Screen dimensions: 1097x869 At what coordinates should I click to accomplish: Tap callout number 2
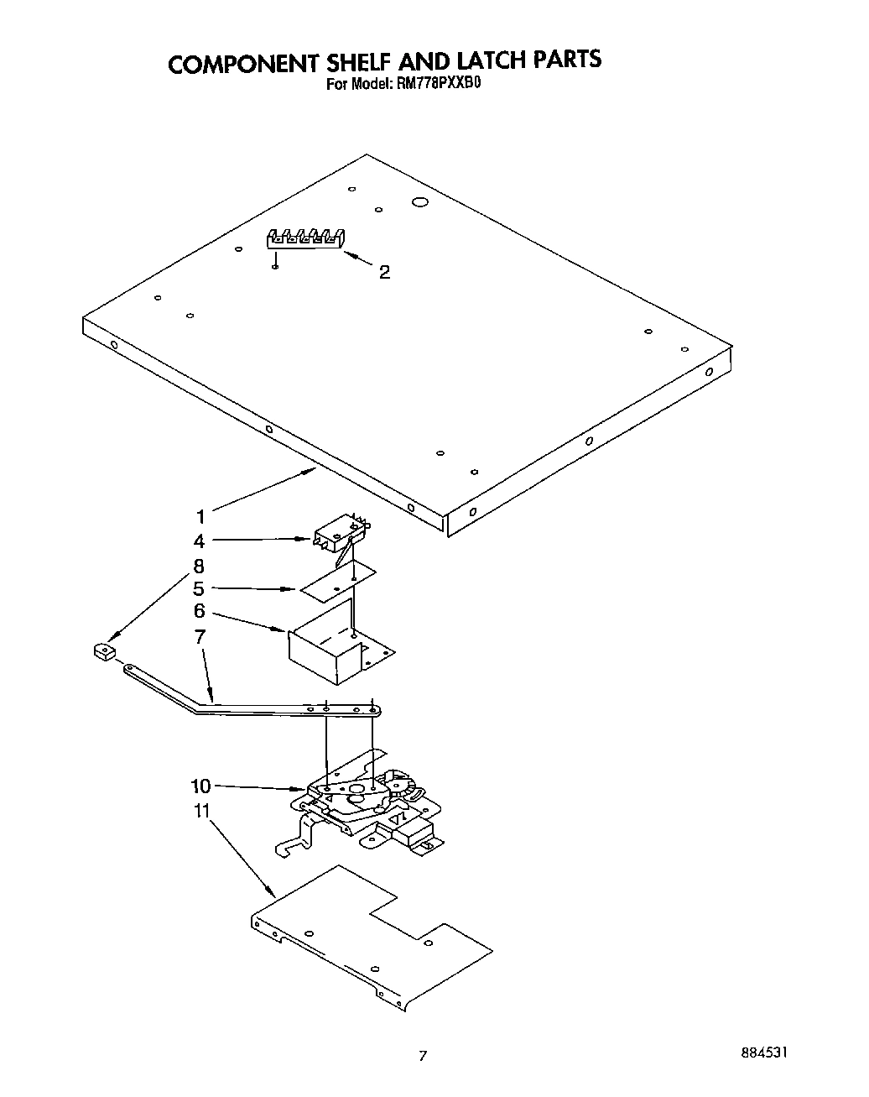click(x=384, y=272)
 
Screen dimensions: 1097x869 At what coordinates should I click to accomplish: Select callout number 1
click(x=200, y=517)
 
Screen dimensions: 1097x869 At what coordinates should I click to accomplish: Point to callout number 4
click(x=200, y=541)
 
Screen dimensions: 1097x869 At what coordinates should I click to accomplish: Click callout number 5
click(x=199, y=588)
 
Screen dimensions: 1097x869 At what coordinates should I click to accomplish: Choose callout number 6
click(x=199, y=612)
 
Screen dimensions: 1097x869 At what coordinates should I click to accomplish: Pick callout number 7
click(x=199, y=636)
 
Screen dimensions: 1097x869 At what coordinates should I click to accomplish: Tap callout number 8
click(x=199, y=566)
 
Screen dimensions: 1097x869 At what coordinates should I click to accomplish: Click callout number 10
click(x=200, y=786)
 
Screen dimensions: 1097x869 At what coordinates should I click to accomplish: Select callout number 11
click(x=200, y=811)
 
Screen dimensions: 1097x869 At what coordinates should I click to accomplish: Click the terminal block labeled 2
click(x=306, y=239)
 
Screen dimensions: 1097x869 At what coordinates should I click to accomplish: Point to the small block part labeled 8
click(x=104, y=651)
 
